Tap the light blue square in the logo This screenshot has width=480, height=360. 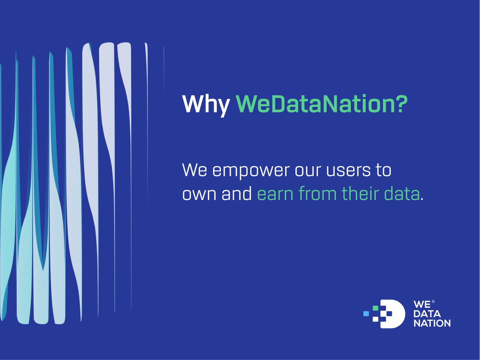tap(366, 314)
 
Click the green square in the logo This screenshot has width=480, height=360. tap(375, 308)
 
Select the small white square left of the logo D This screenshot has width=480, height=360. tap(375, 319)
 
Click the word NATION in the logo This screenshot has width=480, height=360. tap(432, 323)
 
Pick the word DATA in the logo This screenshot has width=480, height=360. tap(426, 314)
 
